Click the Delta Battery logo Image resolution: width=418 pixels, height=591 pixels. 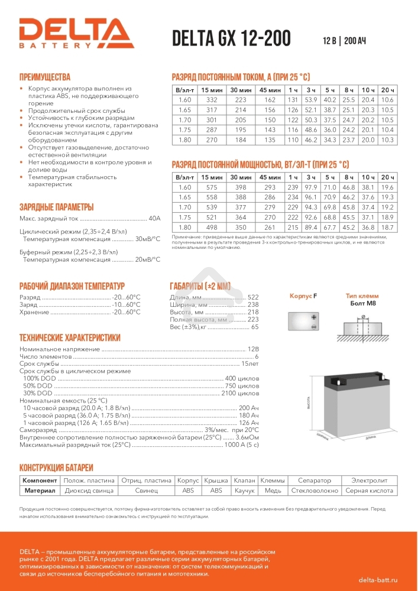click(76, 33)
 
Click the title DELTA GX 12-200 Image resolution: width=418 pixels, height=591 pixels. click(231, 38)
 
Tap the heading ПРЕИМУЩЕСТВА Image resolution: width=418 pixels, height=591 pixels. click(45, 77)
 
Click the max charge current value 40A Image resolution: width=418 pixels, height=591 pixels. click(154, 219)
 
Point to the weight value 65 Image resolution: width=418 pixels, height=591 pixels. click(255, 327)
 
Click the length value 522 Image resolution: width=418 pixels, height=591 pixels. click(253, 297)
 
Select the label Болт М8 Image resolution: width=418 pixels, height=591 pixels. click(362, 303)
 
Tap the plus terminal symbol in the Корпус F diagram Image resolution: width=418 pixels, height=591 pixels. click(314, 317)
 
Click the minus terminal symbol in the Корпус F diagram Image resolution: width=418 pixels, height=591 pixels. click(314, 326)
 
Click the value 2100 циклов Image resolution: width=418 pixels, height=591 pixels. click(239, 393)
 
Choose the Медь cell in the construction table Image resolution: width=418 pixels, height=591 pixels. click(273, 491)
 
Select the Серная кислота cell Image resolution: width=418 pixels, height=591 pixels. click(369, 491)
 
